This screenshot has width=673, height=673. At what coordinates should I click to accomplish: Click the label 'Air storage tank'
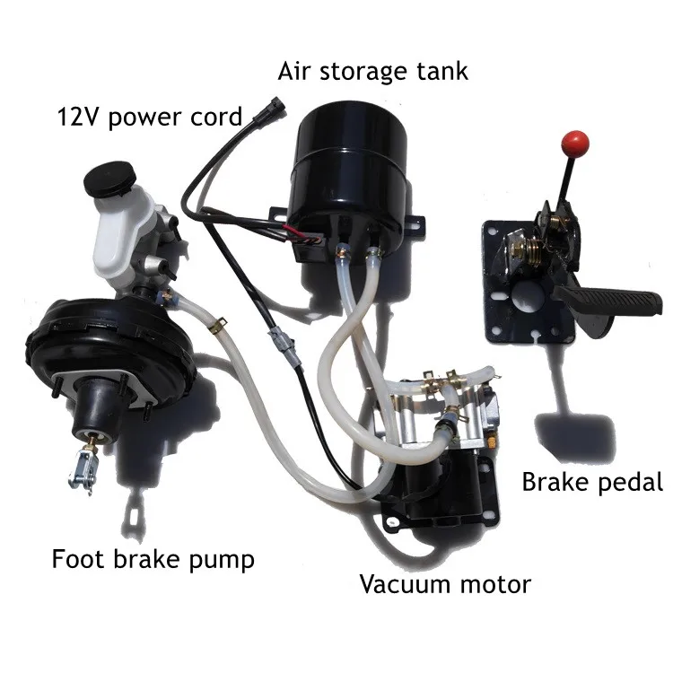pos(372,70)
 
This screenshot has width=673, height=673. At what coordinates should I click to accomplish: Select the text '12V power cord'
pos(149,117)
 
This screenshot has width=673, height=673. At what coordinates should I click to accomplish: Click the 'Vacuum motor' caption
pos(445,585)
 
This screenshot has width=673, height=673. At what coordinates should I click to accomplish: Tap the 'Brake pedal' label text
pos(591,482)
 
